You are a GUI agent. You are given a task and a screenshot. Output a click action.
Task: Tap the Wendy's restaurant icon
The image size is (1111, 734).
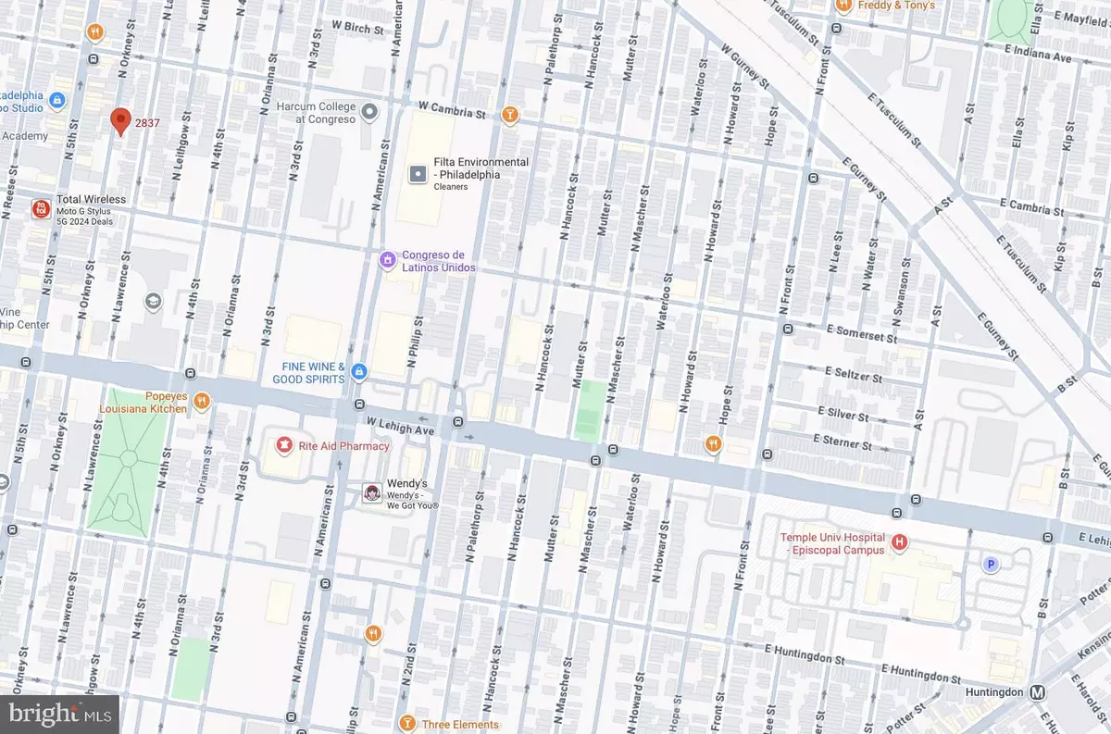coord(372,493)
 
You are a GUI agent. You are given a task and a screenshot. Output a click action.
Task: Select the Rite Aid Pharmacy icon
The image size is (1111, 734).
coord(283,445)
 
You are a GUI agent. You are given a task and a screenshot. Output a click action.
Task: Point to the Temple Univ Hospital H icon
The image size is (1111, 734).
coord(898,541)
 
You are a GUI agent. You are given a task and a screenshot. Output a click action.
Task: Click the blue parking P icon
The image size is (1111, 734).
coord(991,564)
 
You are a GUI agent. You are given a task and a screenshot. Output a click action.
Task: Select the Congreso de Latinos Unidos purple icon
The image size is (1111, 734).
coord(388,261)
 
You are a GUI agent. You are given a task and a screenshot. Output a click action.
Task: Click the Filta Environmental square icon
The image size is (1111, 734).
coord(418,173)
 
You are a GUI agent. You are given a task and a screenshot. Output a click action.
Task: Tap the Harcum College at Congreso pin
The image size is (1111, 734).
coord(369,113)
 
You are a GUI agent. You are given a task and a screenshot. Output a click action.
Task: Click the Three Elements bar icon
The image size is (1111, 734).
coord(405,723)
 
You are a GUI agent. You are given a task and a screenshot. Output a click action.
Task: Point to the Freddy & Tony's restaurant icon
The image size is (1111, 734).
coord(843,6)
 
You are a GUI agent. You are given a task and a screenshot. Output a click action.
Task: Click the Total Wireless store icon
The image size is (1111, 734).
coord(41,208)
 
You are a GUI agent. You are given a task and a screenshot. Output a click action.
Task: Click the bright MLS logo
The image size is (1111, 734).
coord(61,714)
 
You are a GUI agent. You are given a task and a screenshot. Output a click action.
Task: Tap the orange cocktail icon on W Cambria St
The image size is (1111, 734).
coord(508,116)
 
